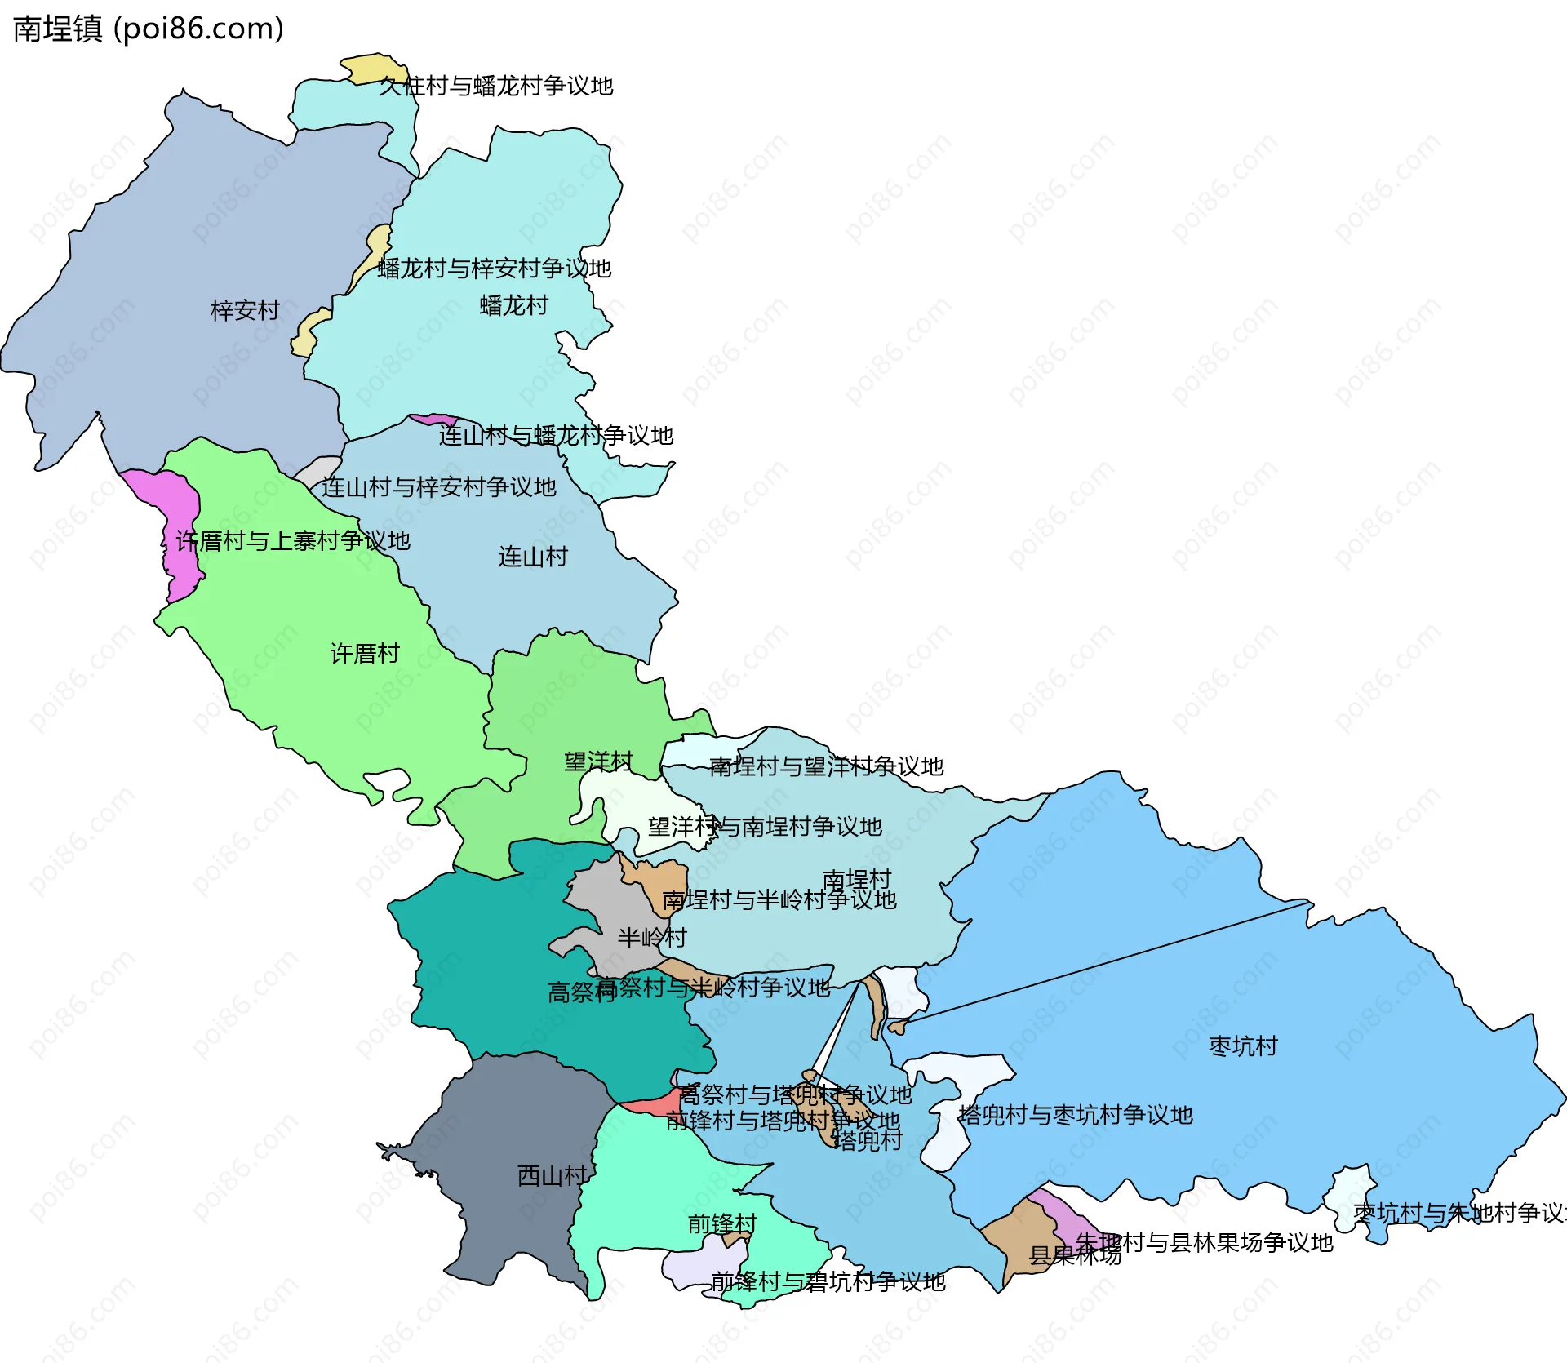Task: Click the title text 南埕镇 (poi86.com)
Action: [x=149, y=29]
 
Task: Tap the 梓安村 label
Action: [x=245, y=310]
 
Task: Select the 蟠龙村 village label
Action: [x=514, y=305]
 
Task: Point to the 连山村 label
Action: [x=533, y=557]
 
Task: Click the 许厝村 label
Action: [x=365, y=653]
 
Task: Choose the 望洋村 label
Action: [x=598, y=761]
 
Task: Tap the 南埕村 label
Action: [x=856, y=879]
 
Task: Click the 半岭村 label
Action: [x=651, y=937]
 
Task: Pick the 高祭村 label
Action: [x=581, y=992]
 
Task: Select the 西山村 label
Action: [x=552, y=1175]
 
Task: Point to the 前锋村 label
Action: [x=722, y=1223]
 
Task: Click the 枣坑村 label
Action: [x=1242, y=1046]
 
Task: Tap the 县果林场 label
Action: [x=1074, y=1255]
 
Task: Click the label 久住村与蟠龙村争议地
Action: [x=495, y=86]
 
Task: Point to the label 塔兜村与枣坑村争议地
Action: [x=1075, y=1115]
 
